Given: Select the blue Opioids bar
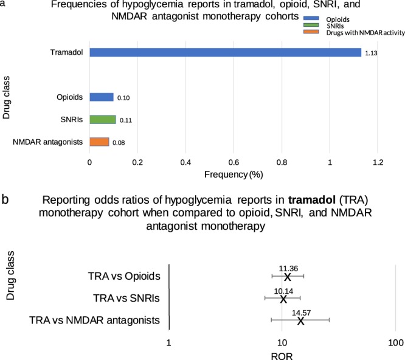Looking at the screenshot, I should coord(102,97).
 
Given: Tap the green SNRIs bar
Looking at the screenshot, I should coord(103,119).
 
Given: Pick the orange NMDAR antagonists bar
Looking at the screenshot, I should coord(99,142).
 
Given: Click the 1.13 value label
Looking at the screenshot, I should coord(371,53).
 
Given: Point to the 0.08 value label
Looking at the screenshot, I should coord(119,142).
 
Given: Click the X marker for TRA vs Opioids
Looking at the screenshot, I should coord(288,277).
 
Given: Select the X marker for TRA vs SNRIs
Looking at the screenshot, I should coord(282,299).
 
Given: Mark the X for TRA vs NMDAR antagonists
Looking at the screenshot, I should coord(300,320).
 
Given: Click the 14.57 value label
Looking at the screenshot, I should coord(302,313).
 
